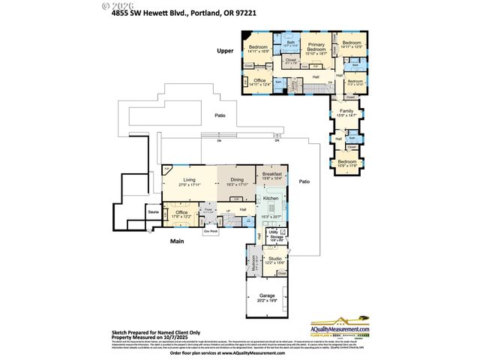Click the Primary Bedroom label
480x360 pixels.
[x=315, y=45]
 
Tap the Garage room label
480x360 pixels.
[x=267, y=296]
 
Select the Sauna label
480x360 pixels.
[x=153, y=213]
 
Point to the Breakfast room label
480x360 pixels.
[x=272, y=173]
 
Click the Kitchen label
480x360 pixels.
[x=271, y=198]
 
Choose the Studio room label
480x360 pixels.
[x=274, y=258]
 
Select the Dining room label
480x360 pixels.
[x=237, y=179]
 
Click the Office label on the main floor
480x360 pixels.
[x=181, y=213]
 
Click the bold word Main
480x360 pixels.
[x=178, y=241]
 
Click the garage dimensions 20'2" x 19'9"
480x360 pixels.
[x=267, y=301]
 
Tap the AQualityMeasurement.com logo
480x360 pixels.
[x=340, y=327]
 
